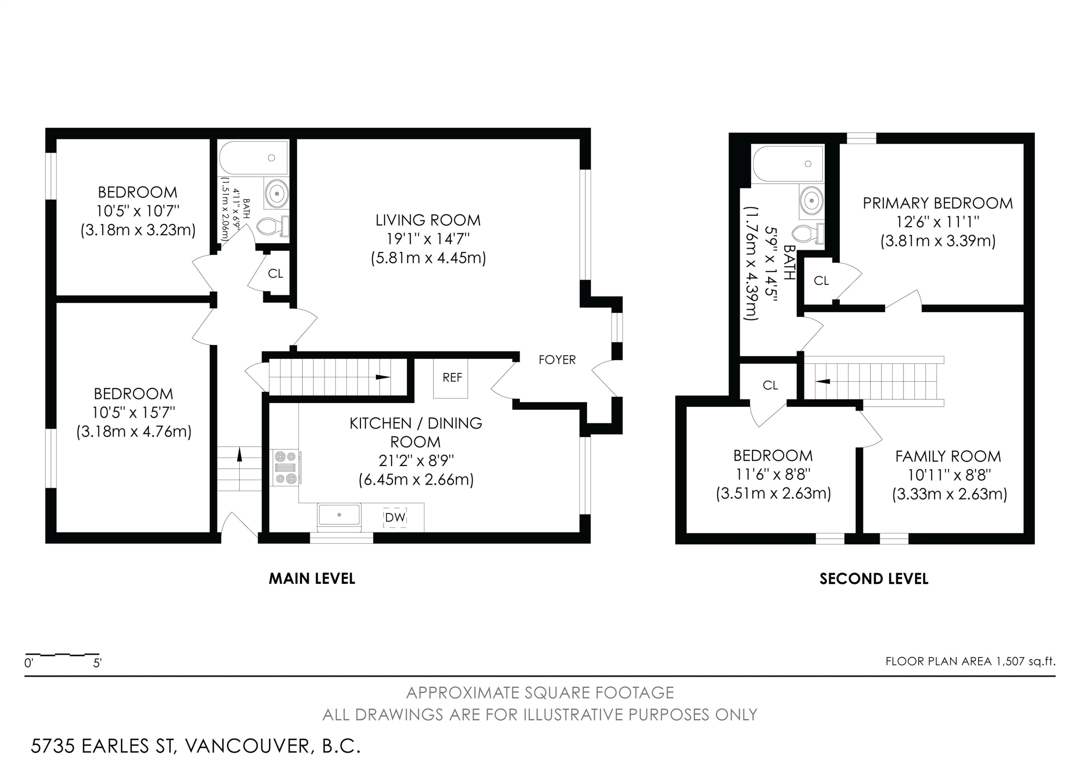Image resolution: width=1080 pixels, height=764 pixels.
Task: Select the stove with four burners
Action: [285, 467]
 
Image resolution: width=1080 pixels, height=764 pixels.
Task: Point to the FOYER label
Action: [557, 360]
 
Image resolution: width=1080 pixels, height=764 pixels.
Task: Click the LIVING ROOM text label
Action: [428, 220]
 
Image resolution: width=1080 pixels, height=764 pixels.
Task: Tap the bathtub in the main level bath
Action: [253, 158]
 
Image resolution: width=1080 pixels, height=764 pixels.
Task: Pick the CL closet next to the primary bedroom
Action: [821, 281]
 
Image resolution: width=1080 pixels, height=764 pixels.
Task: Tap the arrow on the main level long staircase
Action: [382, 377]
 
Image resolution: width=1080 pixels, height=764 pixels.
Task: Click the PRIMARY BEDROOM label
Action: [937, 203]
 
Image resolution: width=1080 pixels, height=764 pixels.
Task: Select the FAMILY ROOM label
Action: [948, 457]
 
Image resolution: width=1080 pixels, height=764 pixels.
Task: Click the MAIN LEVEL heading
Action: [311, 578]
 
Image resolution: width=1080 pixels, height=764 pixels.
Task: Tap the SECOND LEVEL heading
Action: [873, 578]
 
